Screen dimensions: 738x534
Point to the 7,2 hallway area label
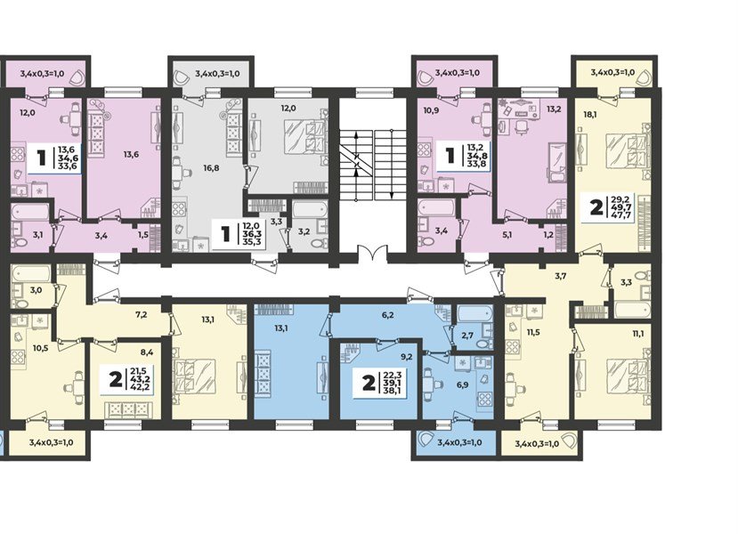[142, 314]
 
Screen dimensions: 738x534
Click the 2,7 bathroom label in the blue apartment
[466, 335]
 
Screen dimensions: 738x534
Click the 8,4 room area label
[135, 350]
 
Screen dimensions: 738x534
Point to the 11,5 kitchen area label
[532, 332]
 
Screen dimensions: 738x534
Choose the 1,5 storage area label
[143, 235]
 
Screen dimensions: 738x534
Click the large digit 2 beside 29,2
[596, 207]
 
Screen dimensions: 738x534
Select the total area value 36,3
[253, 234]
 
